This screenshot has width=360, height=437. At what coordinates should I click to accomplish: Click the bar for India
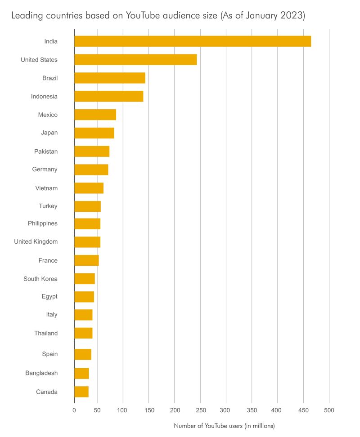[x=193, y=41]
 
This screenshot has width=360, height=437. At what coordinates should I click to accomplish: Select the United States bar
[x=135, y=60]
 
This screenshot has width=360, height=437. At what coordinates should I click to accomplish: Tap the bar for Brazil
[x=110, y=78]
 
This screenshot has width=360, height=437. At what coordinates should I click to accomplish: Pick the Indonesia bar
[x=109, y=96]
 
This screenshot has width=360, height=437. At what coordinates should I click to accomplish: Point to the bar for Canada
[x=81, y=392]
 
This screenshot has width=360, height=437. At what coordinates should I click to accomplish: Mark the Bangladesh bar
[x=81, y=373]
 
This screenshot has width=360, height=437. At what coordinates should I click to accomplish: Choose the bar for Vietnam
[x=89, y=188]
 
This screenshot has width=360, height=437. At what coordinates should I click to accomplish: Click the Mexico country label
[x=48, y=115]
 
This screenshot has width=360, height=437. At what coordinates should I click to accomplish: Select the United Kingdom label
[x=36, y=242]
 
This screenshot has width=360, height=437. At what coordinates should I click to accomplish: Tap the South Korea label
[x=40, y=279]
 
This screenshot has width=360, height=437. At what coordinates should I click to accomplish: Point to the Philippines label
[x=43, y=223]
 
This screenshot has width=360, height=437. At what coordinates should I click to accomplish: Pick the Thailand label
[x=46, y=333]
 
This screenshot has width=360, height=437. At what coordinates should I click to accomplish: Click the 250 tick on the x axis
[x=201, y=410]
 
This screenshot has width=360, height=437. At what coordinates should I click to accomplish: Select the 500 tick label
[x=329, y=410]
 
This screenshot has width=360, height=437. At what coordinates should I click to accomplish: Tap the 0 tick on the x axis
[x=74, y=410]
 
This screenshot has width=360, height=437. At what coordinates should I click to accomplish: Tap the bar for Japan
[x=94, y=133]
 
